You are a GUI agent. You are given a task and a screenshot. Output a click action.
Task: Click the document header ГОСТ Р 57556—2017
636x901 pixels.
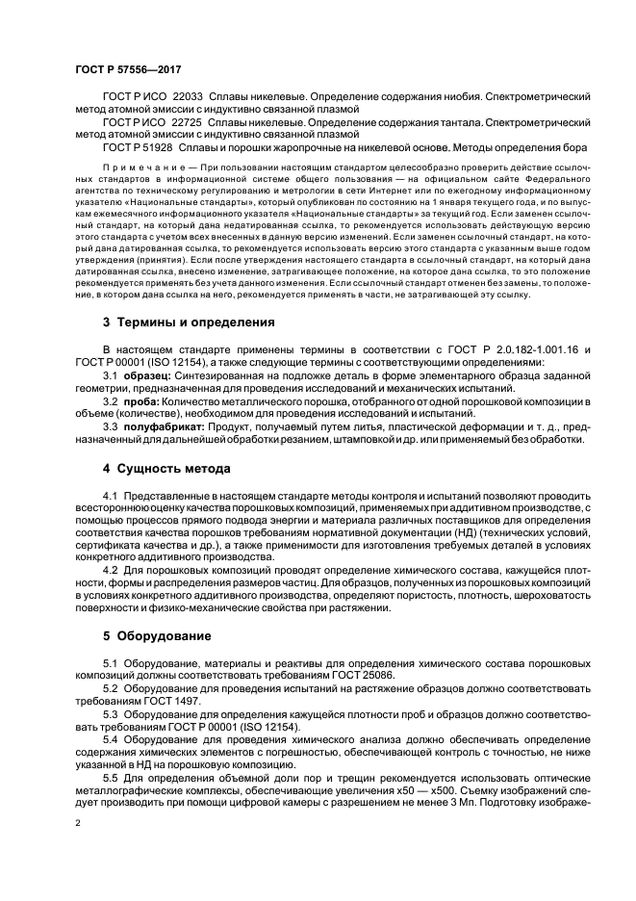pos(128,71)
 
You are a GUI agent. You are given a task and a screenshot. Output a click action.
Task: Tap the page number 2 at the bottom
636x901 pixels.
pos(78,824)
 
